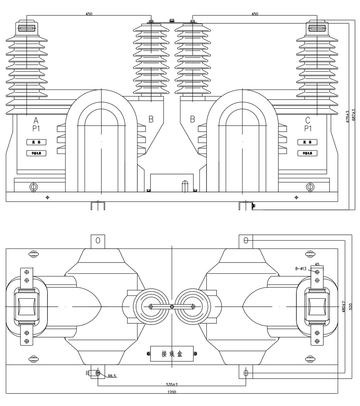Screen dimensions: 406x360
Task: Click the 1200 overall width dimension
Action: click(x=172, y=392)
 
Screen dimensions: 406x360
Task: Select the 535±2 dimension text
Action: click(x=172, y=384)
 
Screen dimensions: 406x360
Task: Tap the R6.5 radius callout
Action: click(x=112, y=376)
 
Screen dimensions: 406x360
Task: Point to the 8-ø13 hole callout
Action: click(x=301, y=269)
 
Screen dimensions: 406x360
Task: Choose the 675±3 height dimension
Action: click(x=348, y=117)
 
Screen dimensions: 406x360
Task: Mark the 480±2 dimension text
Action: click(x=344, y=307)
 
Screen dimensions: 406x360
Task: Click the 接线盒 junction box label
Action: click(x=172, y=354)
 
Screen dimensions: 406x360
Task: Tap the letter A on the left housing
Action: click(x=36, y=120)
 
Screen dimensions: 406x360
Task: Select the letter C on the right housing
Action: click(x=307, y=120)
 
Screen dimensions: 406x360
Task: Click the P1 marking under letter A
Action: click(x=36, y=128)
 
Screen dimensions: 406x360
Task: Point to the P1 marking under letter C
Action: click(x=308, y=128)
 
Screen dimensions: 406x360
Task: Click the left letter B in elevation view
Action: click(x=151, y=119)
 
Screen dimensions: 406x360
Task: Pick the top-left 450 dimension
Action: click(x=89, y=14)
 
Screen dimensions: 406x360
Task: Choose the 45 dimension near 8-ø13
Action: click(x=317, y=264)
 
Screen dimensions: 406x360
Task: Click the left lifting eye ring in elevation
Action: click(x=33, y=187)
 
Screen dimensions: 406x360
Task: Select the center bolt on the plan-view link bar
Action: click(x=172, y=307)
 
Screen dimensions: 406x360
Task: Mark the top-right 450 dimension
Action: click(x=255, y=14)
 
